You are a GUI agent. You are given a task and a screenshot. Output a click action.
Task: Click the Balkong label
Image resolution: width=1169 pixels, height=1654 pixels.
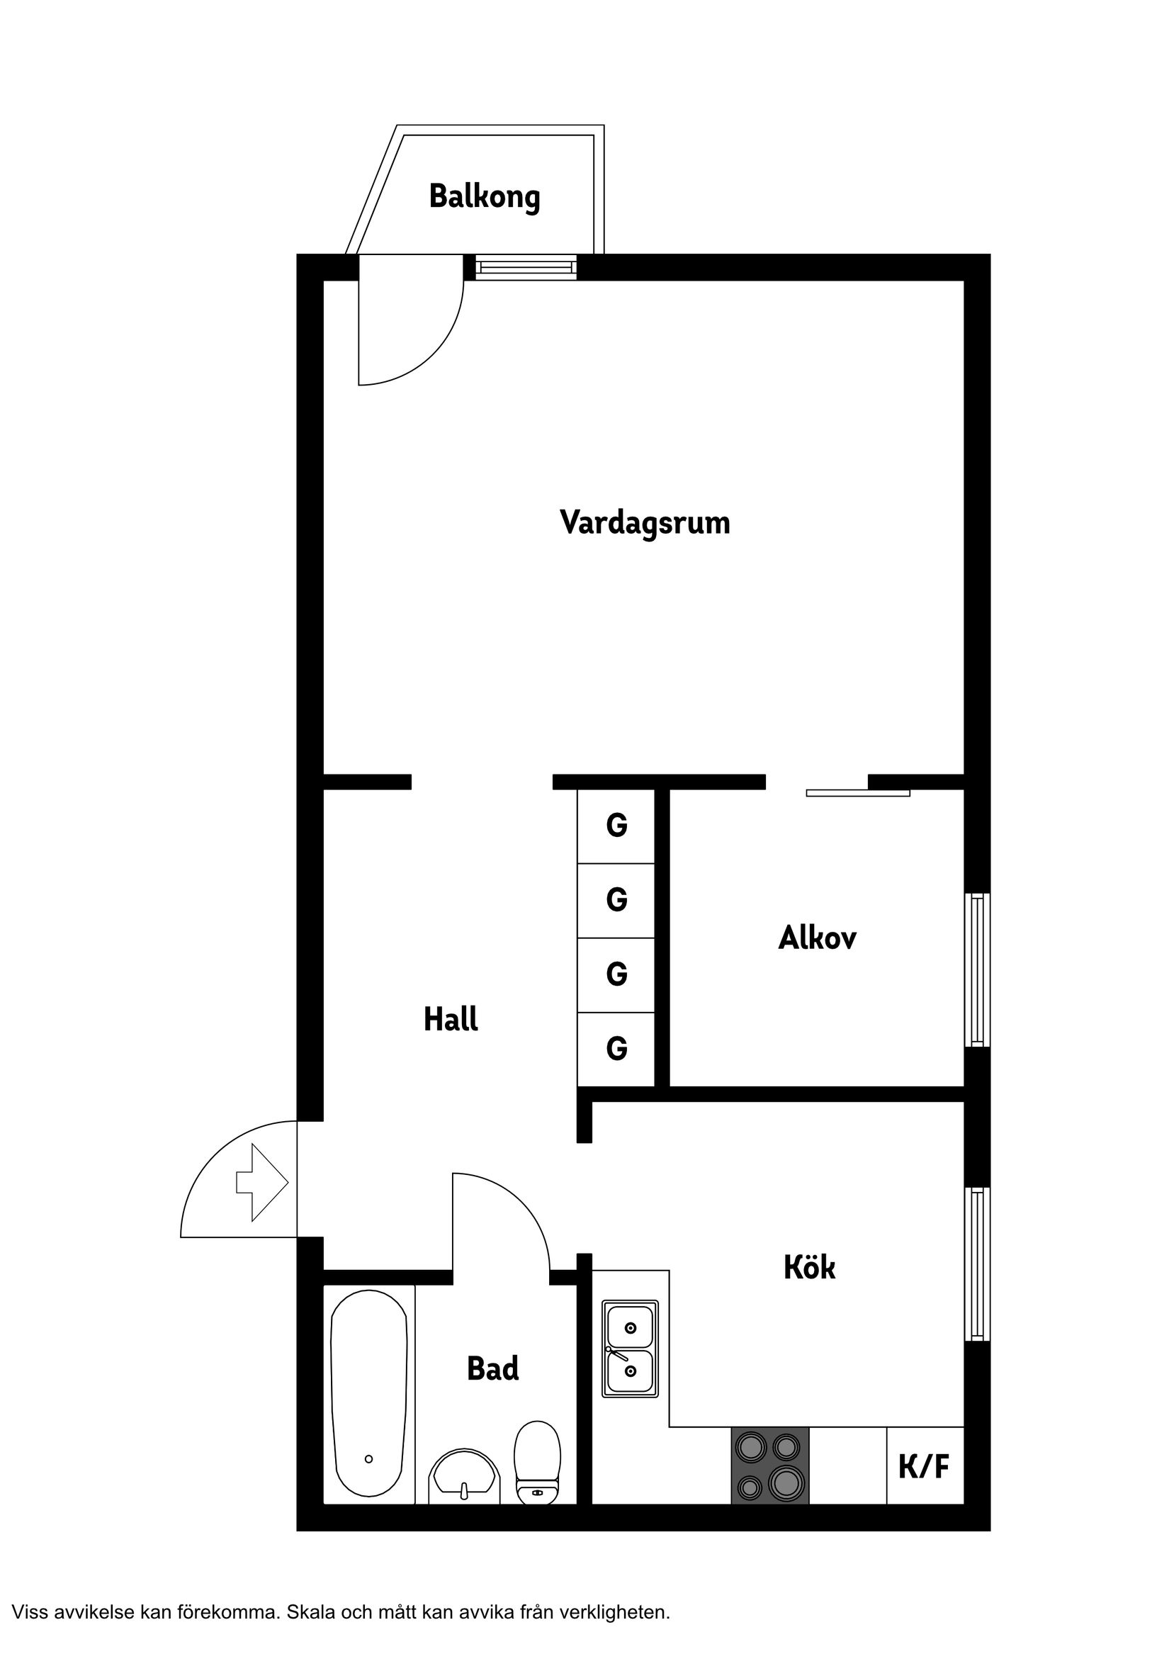tap(484, 197)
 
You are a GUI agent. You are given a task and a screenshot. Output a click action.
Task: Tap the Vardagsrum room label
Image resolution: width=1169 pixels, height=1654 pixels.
tap(645, 522)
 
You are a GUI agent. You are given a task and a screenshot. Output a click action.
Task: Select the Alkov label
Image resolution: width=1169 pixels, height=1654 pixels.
tap(818, 938)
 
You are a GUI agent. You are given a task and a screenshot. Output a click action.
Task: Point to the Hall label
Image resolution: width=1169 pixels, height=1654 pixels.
tap(450, 1019)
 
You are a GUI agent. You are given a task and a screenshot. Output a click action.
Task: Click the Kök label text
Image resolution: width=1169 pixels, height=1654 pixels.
tap(810, 1268)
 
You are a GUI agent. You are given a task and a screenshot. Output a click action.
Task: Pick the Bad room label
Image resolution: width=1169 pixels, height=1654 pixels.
tap(492, 1368)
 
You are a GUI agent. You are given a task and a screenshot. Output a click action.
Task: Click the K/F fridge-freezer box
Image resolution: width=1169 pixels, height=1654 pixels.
tap(925, 1465)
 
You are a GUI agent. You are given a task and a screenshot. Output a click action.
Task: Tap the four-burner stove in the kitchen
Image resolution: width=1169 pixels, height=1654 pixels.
tap(770, 1465)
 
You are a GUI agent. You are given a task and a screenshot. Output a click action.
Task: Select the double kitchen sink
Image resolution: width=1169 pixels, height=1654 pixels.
tap(631, 1349)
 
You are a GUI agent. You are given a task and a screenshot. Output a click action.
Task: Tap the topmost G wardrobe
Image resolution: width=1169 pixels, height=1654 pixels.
tap(616, 826)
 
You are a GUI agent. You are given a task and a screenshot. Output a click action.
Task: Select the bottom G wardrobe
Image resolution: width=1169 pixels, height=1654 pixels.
tap(616, 1048)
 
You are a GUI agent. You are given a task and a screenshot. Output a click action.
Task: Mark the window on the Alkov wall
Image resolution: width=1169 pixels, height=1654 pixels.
tap(977, 969)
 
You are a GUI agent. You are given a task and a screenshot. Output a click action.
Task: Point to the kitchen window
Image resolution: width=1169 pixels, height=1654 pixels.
tap(977, 1264)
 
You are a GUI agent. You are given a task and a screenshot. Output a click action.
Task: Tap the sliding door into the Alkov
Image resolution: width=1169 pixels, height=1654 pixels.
tap(857, 793)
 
